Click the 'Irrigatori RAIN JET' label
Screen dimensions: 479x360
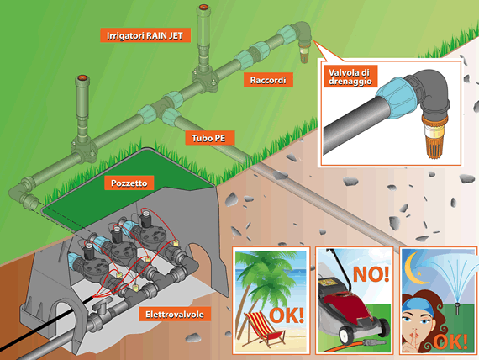point(145,35)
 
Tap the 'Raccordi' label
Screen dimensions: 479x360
point(268,80)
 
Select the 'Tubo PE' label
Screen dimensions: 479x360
point(209,138)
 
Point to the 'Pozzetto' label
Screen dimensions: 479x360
point(129,183)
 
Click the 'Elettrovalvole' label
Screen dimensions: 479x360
point(175,314)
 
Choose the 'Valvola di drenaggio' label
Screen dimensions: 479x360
point(350,77)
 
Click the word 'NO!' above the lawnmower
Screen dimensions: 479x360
point(371,274)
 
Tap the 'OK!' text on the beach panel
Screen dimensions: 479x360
point(287,315)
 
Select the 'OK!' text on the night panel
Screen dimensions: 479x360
point(450,341)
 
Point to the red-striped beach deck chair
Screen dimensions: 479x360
point(266,329)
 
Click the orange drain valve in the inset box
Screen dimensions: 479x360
point(434,135)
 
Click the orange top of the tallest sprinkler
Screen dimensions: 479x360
point(203,8)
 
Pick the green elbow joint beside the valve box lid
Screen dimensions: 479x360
point(23,192)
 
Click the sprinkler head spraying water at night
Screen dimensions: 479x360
point(457,308)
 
